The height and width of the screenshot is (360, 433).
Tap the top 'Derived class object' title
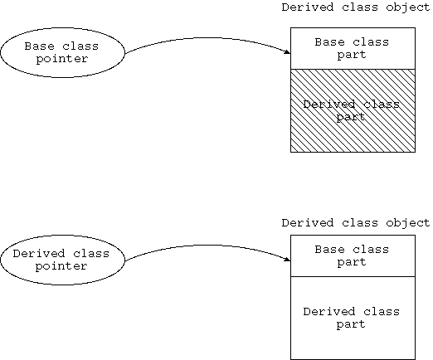point(356,7)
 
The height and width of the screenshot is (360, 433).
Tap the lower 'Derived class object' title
point(356,223)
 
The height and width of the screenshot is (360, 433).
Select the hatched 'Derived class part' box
point(353,110)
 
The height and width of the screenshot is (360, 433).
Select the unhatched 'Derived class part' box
point(353,318)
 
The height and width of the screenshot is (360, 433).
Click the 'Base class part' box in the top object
point(353,48)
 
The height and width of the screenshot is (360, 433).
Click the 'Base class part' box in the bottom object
point(353,255)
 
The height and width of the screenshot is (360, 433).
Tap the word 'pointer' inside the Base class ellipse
point(62,59)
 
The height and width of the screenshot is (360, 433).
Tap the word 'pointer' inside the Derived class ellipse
point(61,266)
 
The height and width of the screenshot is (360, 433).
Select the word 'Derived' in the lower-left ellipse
point(39,254)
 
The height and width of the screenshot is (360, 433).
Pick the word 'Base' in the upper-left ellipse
point(39,46)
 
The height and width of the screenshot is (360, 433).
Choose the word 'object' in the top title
point(408,7)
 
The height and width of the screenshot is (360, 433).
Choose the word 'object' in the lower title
point(408,223)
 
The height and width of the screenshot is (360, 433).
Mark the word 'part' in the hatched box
point(351,117)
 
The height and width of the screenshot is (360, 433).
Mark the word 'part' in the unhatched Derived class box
point(351,324)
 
